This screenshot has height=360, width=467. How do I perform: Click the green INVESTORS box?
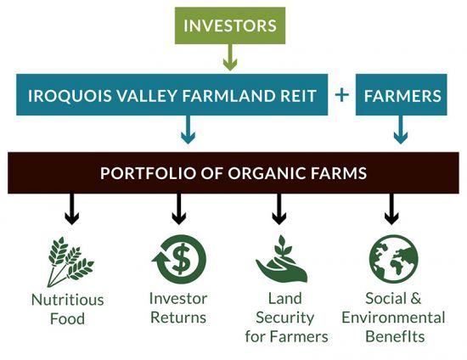[x=230, y=25]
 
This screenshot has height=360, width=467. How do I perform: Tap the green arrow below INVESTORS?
[x=230, y=57]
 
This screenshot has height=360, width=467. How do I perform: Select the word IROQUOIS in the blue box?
[x=70, y=96]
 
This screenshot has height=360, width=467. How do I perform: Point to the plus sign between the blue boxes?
[x=341, y=95]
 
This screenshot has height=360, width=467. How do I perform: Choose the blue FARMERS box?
[x=401, y=95]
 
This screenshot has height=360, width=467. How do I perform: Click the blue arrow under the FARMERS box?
[x=401, y=130]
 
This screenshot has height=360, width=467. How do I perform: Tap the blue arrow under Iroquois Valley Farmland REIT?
[x=188, y=130]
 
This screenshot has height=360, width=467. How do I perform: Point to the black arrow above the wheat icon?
[x=72, y=209]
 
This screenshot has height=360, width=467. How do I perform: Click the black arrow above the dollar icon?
[x=178, y=209]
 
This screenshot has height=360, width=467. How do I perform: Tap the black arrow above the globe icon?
[x=391, y=209]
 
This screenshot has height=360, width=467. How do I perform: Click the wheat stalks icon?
[x=70, y=262]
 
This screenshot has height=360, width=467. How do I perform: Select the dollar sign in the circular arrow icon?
[x=181, y=258]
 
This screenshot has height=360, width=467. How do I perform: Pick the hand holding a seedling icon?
[x=281, y=259]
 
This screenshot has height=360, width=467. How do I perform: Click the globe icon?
[x=393, y=259]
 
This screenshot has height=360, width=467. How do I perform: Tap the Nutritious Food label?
[x=68, y=309]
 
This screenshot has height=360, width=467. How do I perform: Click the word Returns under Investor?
[x=178, y=318]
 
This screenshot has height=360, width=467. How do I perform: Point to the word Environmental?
[x=393, y=318]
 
